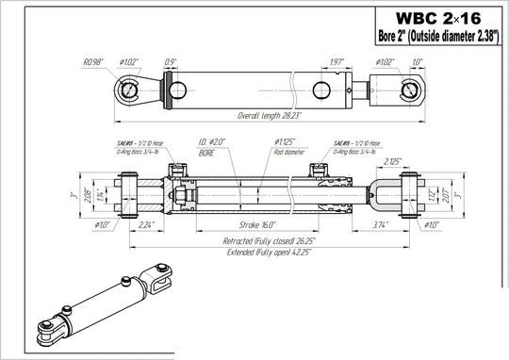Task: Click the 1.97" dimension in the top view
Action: tap(337, 62)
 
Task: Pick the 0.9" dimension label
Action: tap(170, 62)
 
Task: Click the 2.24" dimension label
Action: tap(146, 226)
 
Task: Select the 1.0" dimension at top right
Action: tap(418, 62)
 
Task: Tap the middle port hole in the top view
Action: tap(320, 90)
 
